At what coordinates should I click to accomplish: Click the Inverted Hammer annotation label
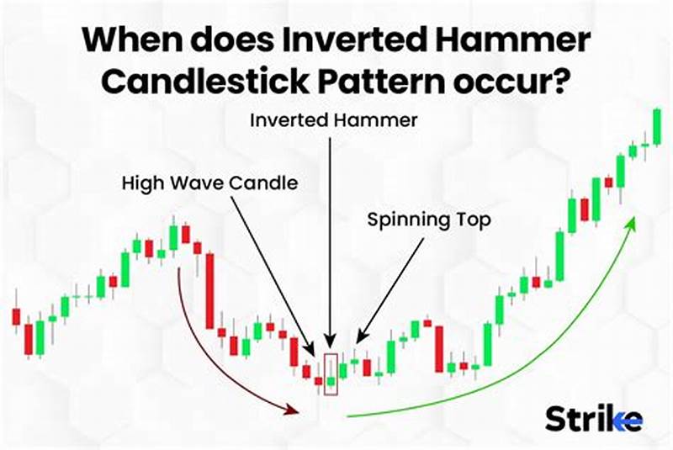pos(334,121)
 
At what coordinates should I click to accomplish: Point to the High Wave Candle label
pos(209,183)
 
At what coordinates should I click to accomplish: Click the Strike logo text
pos(594,418)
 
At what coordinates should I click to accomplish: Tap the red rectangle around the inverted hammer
pos(331,374)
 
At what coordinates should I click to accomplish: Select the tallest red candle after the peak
pos(209,293)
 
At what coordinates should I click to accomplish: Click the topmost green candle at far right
pos(656,126)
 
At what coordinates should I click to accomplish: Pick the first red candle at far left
pos(15,316)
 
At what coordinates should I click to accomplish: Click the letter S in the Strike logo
pos(557,418)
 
